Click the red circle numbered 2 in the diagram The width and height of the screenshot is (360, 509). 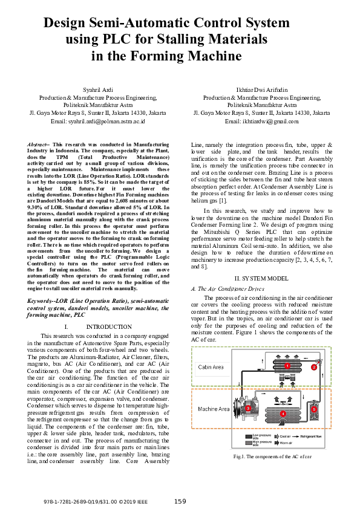pyautogui.click(x=314, y=366)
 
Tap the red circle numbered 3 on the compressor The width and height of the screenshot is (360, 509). pyautogui.click(x=249, y=409)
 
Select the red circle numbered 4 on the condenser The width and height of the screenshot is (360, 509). pyautogui.click(x=284, y=413)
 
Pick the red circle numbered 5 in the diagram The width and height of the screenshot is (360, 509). pyautogui.click(x=314, y=409)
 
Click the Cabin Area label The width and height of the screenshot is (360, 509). pyautogui.click(x=211, y=367)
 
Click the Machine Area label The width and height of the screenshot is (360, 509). pyautogui.click(x=214, y=409)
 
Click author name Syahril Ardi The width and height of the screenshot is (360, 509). pyautogui.click(x=98, y=89)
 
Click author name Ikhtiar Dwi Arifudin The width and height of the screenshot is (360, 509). pyautogui.click(x=261, y=89)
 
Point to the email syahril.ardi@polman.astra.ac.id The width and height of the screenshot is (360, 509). pyautogui.click(x=98, y=121)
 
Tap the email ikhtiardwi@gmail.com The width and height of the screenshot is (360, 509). pyautogui.click(x=261, y=121)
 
